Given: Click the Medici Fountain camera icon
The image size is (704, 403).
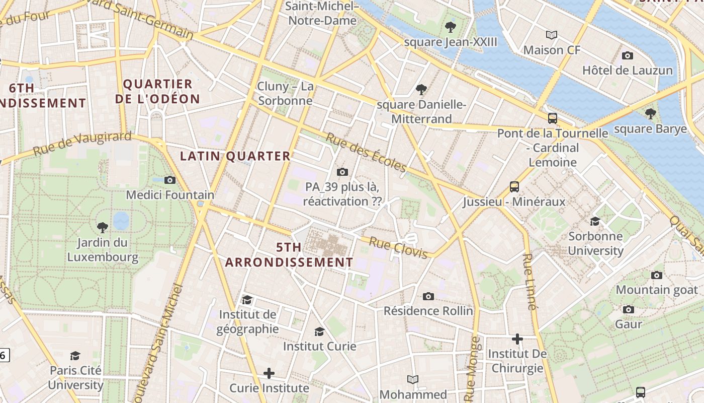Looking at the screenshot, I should [x=170, y=180].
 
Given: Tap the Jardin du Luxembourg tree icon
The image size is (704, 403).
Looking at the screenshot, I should [x=102, y=227].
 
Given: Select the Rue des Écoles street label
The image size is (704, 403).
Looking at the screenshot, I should [x=366, y=152].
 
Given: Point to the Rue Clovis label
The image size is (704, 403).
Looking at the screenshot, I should [x=398, y=247].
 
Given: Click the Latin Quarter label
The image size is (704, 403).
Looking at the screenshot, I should [x=235, y=156].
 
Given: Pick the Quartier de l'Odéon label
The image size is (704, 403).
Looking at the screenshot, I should [x=157, y=91].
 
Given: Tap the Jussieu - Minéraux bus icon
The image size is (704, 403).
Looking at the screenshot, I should [x=514, y=187].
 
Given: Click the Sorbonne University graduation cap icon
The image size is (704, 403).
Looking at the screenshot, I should [x=595, y=221].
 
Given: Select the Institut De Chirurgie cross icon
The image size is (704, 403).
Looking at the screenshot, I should [x=517, y=339].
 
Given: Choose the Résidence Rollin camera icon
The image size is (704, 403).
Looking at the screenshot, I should [x=428, y=296].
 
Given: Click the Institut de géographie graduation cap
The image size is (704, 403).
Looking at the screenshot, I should [x=247, y=300].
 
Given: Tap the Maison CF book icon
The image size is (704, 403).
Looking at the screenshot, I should [x=552, y=35].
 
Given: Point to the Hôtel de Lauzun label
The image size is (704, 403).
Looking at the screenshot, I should [x=627, y=70].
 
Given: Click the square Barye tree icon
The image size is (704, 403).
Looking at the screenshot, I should [x=650, y=114].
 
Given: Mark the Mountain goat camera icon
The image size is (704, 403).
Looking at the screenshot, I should [x=656, y=275].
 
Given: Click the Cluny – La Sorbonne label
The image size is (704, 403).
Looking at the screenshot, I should [x=285, y=93].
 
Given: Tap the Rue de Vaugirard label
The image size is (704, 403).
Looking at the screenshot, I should [x=82, y=144].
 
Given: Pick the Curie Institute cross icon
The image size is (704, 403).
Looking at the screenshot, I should [x=269, y=373].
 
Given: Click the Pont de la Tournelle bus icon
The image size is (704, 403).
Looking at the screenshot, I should [x=552, y=118].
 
